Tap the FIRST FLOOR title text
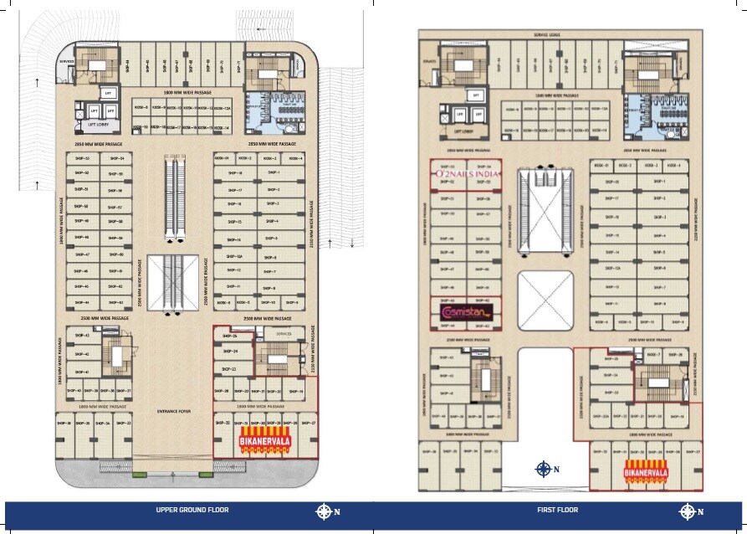click(557, 510)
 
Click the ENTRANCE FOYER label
click(174, 412)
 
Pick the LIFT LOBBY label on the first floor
click(465, 131)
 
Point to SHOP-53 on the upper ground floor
click(81, 157)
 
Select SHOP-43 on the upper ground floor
click(81, 336)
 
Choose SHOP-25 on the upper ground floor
click(230, 336)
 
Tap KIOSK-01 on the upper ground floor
click(222, 157)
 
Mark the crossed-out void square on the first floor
click(545, 297)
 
